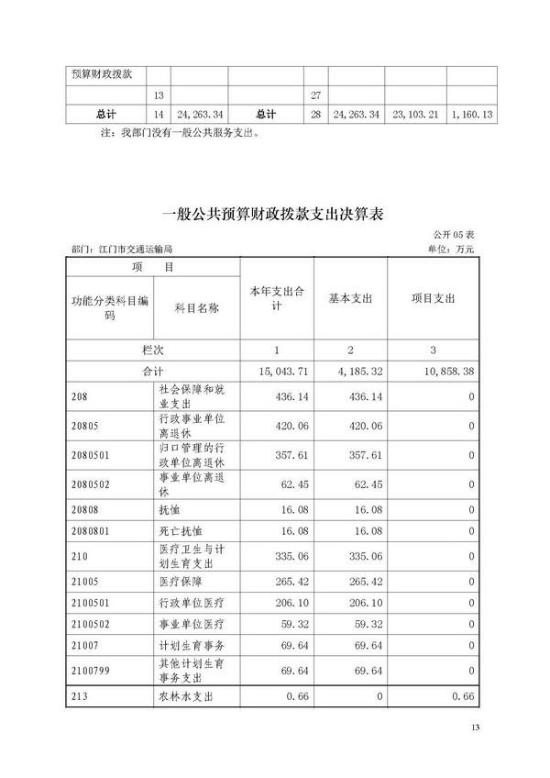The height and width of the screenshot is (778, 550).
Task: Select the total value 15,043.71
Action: [276, 372]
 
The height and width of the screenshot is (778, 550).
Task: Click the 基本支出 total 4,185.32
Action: [350, 372]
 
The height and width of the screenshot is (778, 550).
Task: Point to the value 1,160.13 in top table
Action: [469, 115]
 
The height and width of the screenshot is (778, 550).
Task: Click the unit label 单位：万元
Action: [451, 250]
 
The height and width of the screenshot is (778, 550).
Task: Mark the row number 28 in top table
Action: [315, 115]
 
